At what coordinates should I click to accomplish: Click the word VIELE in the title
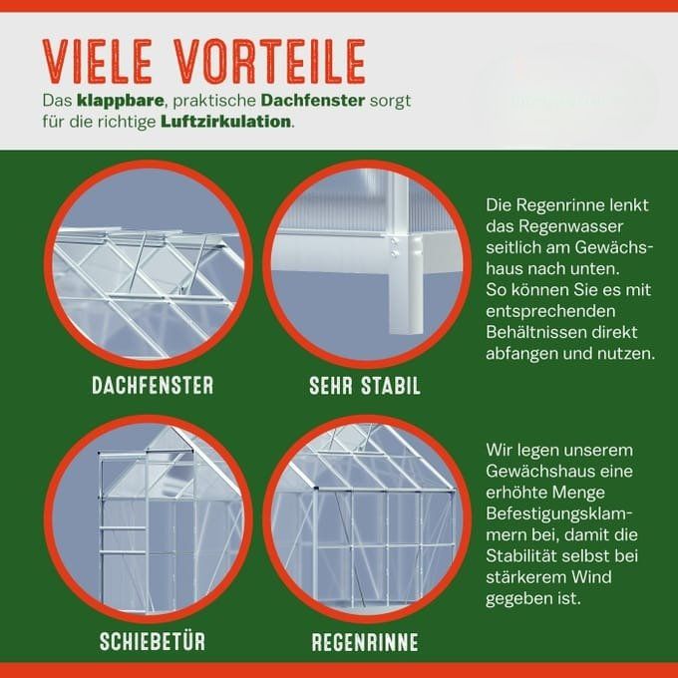click(98, 62)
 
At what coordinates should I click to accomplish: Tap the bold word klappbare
click(121, 101)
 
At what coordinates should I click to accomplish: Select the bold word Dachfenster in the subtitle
click(313, 101)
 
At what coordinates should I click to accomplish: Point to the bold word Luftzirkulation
click(225, 122)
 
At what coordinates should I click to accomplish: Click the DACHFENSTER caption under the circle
click(153, 385)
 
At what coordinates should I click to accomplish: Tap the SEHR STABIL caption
click(365, 386)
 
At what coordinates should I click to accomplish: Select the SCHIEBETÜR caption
click(153, 641)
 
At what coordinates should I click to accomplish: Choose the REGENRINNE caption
click(365, 642)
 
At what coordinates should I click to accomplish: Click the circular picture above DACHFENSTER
click(148, 264)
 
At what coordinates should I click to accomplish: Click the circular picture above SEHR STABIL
click(367, 264)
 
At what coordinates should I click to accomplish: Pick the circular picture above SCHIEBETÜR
click(148, 518)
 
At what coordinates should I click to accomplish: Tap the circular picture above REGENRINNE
click(367, 518)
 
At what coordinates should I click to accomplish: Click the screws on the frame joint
click(395, 247)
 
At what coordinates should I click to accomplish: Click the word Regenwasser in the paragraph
click(570, 226)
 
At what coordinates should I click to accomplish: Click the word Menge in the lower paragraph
click(580, 494)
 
